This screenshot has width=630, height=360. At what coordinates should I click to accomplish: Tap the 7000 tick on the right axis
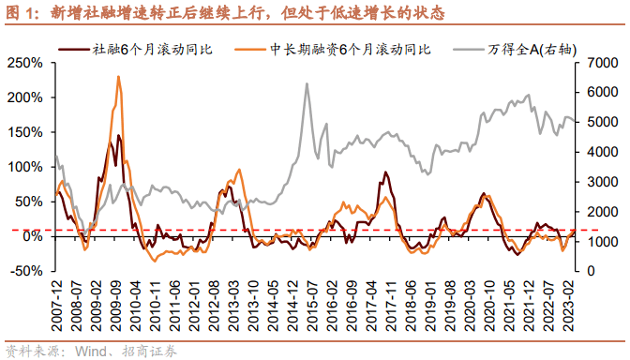coord(600,63)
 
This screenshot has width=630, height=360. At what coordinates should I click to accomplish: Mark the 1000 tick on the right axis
coord(600,241)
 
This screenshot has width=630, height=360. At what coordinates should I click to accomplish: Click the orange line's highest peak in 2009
coord(118,77)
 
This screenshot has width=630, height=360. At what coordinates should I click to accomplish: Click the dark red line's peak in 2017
coord(385,172)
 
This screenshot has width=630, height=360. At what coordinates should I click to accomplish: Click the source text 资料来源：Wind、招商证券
coord(90,352)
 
